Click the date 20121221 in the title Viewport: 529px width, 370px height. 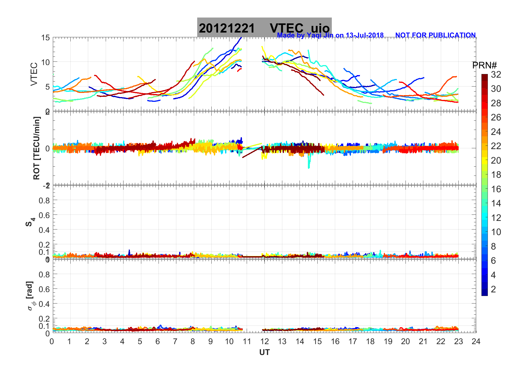pos(227,28)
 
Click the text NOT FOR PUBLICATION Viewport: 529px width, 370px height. pos(435,35)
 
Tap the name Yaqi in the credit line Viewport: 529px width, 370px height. pos(314,35)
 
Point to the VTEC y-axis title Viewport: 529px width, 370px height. pos(34,74)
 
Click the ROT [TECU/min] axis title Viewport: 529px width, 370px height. pos(36,148)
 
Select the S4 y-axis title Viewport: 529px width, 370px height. pos(30,222)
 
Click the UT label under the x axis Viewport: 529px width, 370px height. pos(264,352)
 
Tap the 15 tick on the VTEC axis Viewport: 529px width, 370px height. pos(45,38)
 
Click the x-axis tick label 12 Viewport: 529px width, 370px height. pos(264,341)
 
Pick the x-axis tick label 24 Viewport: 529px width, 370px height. pos(476,341)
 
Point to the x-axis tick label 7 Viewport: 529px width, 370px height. pos(175,341)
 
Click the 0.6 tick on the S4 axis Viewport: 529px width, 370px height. pos(44,215)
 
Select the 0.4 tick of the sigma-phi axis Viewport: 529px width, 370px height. pos(44,304)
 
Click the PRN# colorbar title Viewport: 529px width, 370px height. pos(484,65)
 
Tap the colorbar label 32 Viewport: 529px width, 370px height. pos(496,75)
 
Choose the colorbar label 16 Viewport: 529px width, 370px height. pos(496,189)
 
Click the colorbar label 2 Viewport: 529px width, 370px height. pos(493,289)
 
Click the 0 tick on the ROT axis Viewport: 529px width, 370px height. pos(48,148)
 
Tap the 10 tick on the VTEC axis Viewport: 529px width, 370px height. pos(45,62)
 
